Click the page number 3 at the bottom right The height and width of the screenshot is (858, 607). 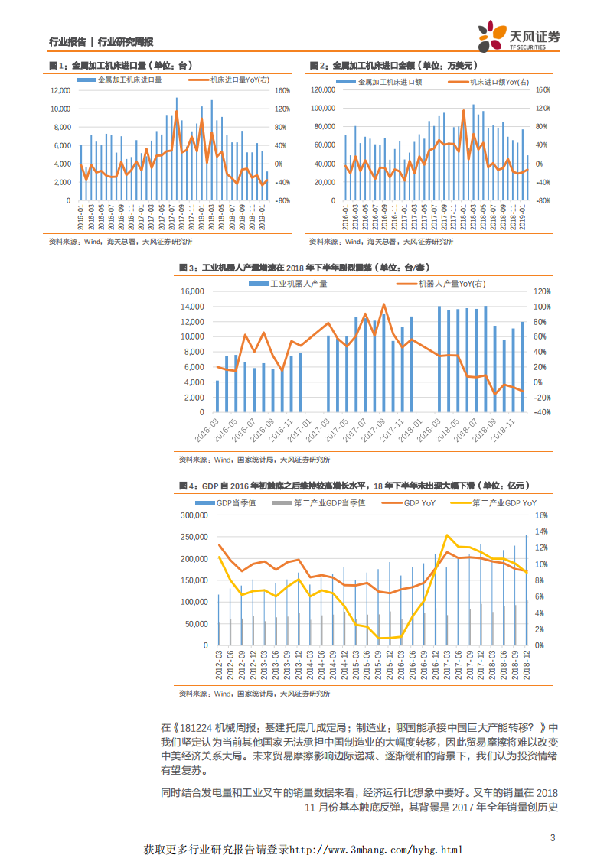(x=553, y=837)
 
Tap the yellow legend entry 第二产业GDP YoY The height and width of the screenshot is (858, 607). (x=501, y=502)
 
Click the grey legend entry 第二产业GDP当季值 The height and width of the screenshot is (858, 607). (x=328, y=502)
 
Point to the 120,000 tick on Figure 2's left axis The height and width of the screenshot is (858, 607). (x=324, y=90)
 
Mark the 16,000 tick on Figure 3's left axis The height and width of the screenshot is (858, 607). (x=192, y=291)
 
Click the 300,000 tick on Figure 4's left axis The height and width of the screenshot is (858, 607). (x=193, y=515)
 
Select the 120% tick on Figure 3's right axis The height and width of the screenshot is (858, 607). (x=542, y=291)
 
